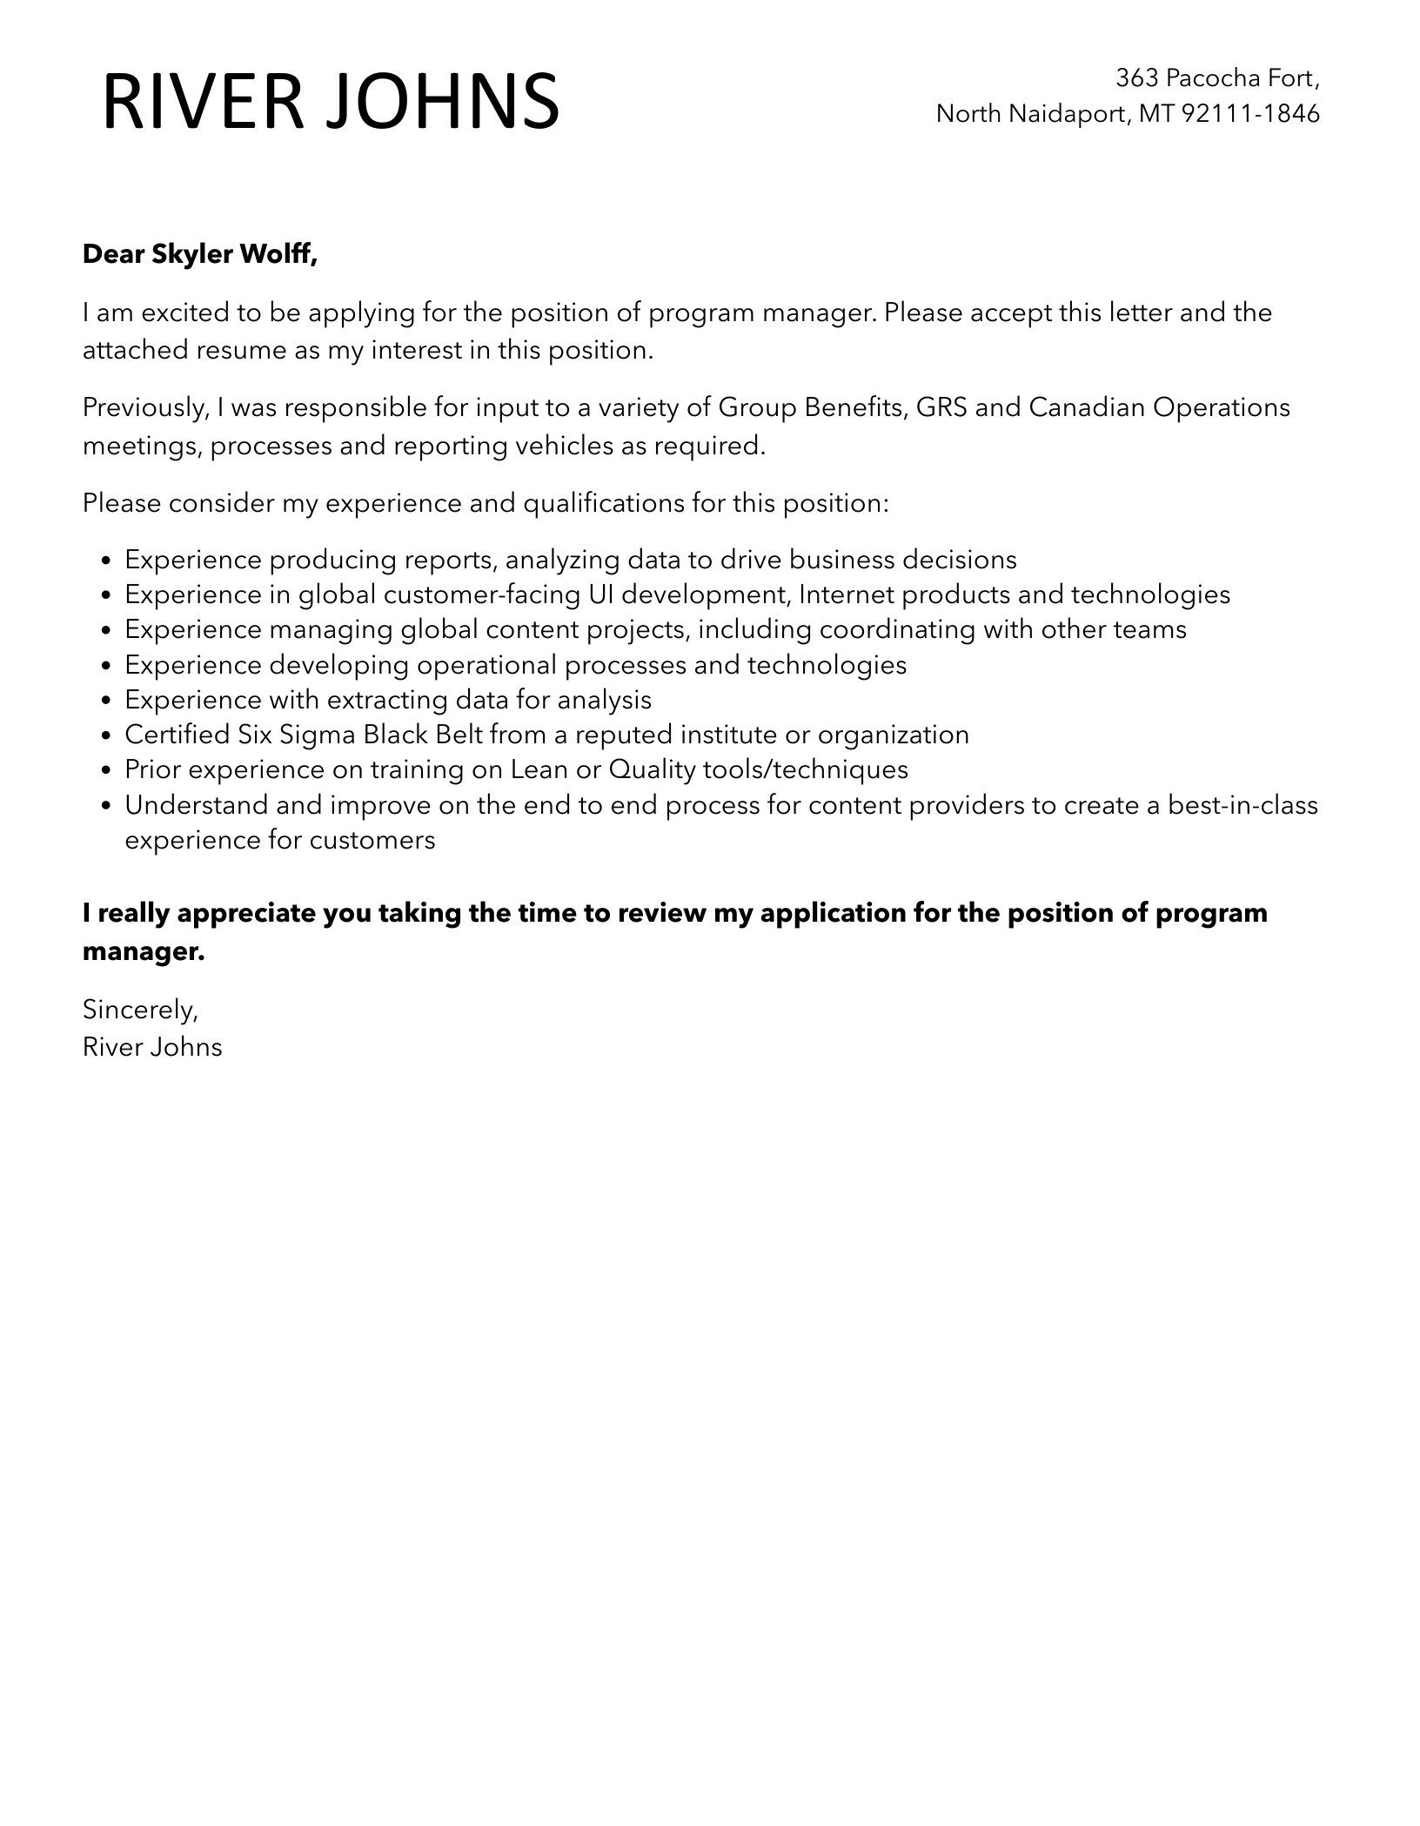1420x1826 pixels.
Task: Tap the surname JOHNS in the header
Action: click(443, 103)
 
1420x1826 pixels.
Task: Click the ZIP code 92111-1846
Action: click(1250, 113)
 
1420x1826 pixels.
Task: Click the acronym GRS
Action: click(936, 407)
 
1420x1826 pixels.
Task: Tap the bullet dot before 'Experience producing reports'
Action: click(106, 561)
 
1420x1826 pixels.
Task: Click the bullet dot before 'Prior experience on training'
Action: click(106, 771)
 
